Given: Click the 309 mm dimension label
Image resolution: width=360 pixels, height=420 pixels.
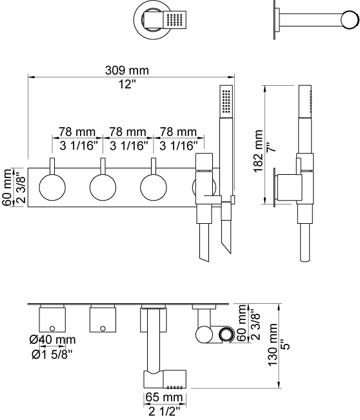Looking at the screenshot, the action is [x=126, y=70].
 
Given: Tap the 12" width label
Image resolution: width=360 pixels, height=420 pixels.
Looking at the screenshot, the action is [x=127, y=85].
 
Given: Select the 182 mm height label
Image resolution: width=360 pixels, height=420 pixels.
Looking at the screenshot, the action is [x=259, y=151].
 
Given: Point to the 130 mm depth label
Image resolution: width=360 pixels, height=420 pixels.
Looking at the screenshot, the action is [x=273, y=345].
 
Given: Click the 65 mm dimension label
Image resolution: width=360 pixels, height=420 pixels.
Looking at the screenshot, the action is [x=164, y=397].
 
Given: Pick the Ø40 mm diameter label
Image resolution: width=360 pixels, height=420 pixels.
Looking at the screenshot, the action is [x=52, y=339].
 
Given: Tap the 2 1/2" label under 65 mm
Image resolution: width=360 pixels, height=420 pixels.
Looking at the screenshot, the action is [x=164, y=411].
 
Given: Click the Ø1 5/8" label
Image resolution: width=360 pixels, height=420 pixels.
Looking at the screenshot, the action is [x=52, y=354].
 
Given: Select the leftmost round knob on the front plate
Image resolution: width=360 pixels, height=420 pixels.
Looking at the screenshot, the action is [x=52, y=187].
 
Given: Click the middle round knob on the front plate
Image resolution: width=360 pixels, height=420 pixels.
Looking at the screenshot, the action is [x=103, y=187].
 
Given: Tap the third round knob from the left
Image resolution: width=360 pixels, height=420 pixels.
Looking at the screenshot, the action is [x=154, y=187].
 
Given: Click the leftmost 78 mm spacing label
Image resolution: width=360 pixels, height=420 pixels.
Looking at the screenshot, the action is [x=77, y=132].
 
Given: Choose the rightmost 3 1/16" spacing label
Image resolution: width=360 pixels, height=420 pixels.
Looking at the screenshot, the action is [x=179, y=146].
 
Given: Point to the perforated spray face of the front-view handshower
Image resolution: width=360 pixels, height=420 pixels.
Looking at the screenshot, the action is [x=226, y=101].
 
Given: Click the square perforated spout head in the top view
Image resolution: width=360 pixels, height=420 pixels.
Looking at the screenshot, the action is [x=174, y=19].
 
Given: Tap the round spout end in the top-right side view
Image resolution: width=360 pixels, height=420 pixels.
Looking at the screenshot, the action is [x=350, y=20].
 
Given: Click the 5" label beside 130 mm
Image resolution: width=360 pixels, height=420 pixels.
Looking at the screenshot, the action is [x=286, y=345].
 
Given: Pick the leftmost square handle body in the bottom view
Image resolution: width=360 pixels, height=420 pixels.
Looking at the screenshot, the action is [x=52, y=319].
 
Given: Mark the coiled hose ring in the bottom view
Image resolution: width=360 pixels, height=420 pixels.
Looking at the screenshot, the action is [x=227, y=335].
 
